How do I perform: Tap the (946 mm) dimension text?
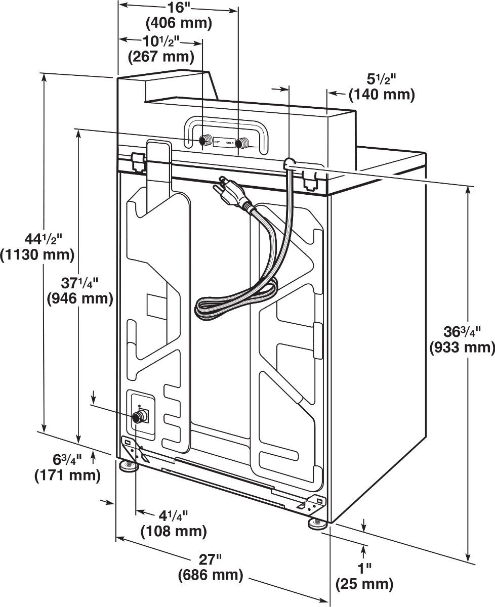pyautogui.click(x=79, y=298)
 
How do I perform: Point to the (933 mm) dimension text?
pyautogui.click(x=462, y=348)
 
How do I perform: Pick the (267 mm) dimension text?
pyautogui.click(x=160, y=57)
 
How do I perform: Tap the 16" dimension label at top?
pyautogui.click(x=178, y=8)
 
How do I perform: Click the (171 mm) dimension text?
pyautogui.click(x=67, y=475)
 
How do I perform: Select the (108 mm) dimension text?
pyautogui.click(x=174, y=531)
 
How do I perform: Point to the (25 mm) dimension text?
pyautogui.click(x=364, y=585)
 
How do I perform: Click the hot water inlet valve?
pyautogui.click(x=205, y=140)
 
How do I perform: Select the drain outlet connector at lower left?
pyautogui.click(x=138, y=417)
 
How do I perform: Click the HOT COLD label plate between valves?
pyautogui.click(x=224, y=143)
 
